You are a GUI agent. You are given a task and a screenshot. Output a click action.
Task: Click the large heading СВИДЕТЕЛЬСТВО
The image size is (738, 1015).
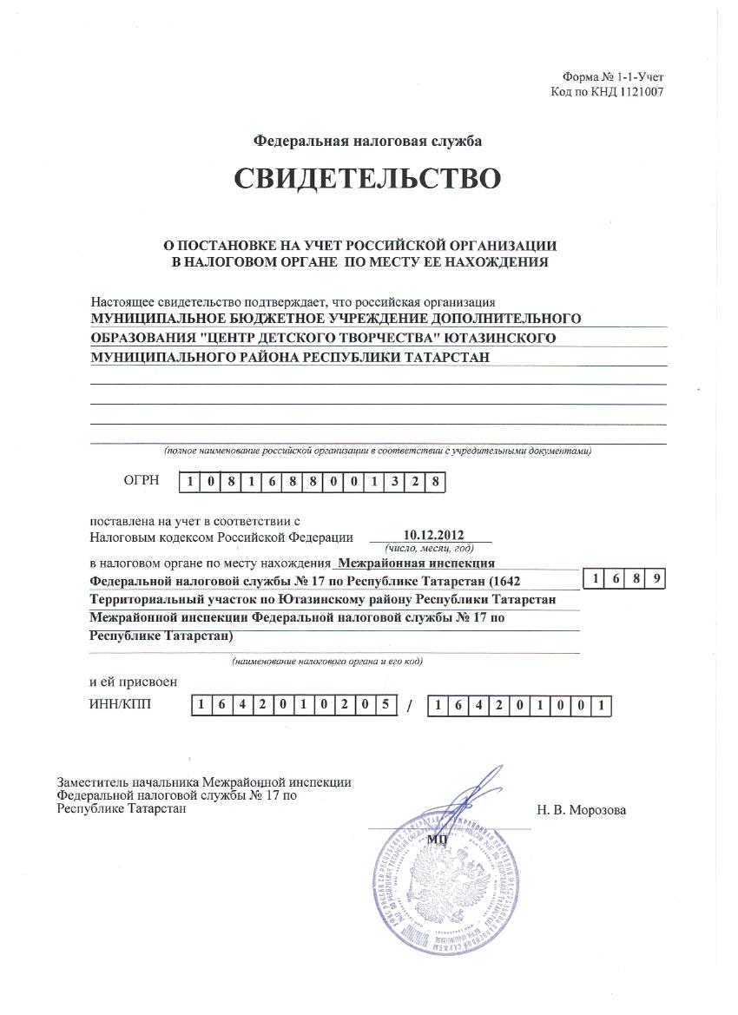click(x=367, y=178)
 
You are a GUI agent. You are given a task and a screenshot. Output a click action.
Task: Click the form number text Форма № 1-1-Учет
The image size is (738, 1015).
click(x=613, y=78)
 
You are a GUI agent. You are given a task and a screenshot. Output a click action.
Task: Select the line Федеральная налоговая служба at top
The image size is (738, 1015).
click(x=367, y=141)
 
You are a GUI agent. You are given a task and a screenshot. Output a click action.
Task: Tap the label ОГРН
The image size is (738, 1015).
click(x=142, y=480)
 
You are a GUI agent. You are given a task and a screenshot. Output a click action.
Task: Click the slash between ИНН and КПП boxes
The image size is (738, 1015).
click(x=409, y=707)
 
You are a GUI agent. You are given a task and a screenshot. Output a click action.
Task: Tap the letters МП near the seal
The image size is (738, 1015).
click(x=436, y=840)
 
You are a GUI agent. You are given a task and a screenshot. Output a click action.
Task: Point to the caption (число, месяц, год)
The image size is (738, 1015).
click(x=430, y=549)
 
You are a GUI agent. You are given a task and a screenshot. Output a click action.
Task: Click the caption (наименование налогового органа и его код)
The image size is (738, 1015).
click(x=326, y=662)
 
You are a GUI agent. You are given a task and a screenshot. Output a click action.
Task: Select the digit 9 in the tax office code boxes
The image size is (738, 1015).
click(x=657, y=579)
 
